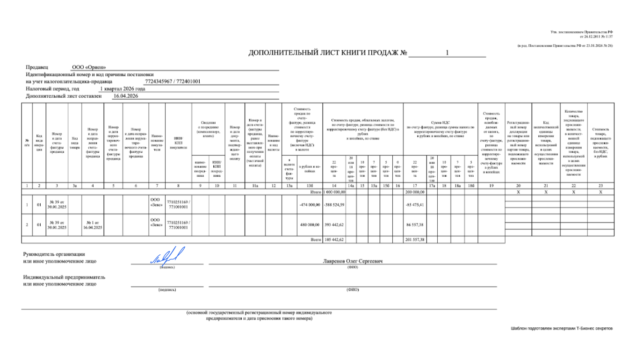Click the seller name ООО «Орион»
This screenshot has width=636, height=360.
[89, 67]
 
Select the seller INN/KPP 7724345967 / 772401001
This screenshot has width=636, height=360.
[173, 81]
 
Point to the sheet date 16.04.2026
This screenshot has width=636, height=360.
[126, 96]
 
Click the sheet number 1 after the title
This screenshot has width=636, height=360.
[447, 53]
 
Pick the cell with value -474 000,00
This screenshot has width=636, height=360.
[310, 205]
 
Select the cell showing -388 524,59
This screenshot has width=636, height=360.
[334, 205]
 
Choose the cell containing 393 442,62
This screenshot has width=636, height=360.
[334, 224]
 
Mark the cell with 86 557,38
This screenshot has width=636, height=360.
[414, 224]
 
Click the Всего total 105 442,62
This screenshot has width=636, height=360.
[334, 239]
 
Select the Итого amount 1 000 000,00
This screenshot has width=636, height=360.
[333, 192]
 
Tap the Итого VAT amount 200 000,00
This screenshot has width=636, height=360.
[414, 192]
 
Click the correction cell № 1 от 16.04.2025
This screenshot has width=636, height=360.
[93, 224]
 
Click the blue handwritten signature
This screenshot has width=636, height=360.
[167, 256]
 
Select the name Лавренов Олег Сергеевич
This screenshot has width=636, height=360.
[353, 261]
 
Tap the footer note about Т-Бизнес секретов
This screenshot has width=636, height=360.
[561, 328]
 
